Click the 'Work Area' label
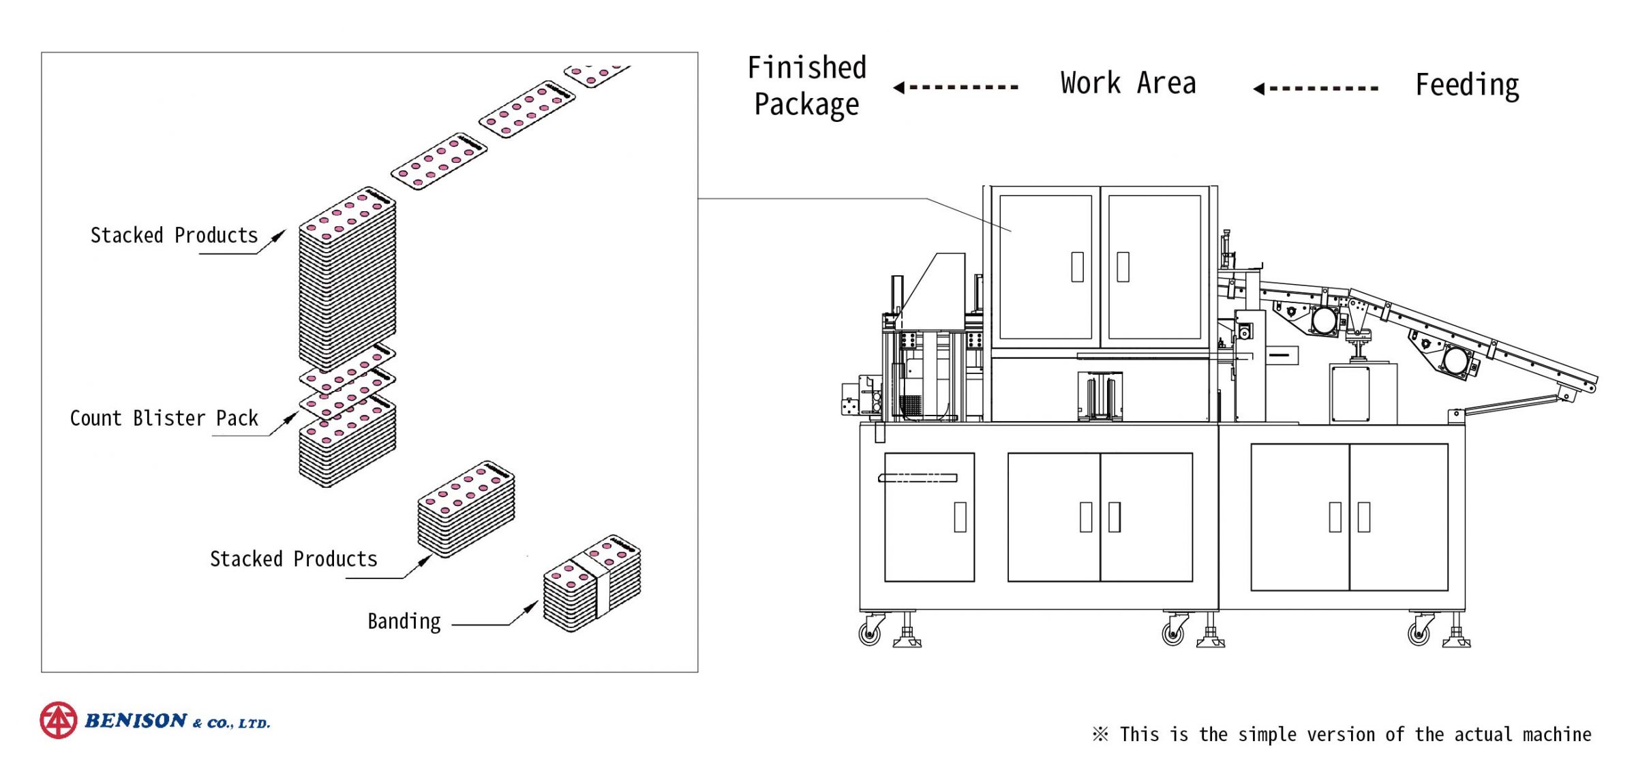[x=1127, y=83]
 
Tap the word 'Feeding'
[x=1467, y=86]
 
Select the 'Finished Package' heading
[x=806, y=87]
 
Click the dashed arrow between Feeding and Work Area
[x=1316, y=88]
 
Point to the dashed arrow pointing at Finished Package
[x=956, y=87]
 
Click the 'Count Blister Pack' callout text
[x=164, y=418]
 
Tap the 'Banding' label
[x=404, y=621]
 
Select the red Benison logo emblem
[x=59, y=720]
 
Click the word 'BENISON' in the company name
[x=135, y=721]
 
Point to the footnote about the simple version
[x=1342, y=734]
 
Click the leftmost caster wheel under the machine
[x=869, y=634]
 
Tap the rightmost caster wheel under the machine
[x=1419, y=634]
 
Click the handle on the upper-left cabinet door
[x=1077, y=266]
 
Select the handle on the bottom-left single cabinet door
[x=960, y=517]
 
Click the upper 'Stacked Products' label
[x=174, y=236]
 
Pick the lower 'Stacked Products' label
[x=293, y=559]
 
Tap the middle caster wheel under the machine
[x=1172, y=634]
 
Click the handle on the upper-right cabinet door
[x=1123, y=266]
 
